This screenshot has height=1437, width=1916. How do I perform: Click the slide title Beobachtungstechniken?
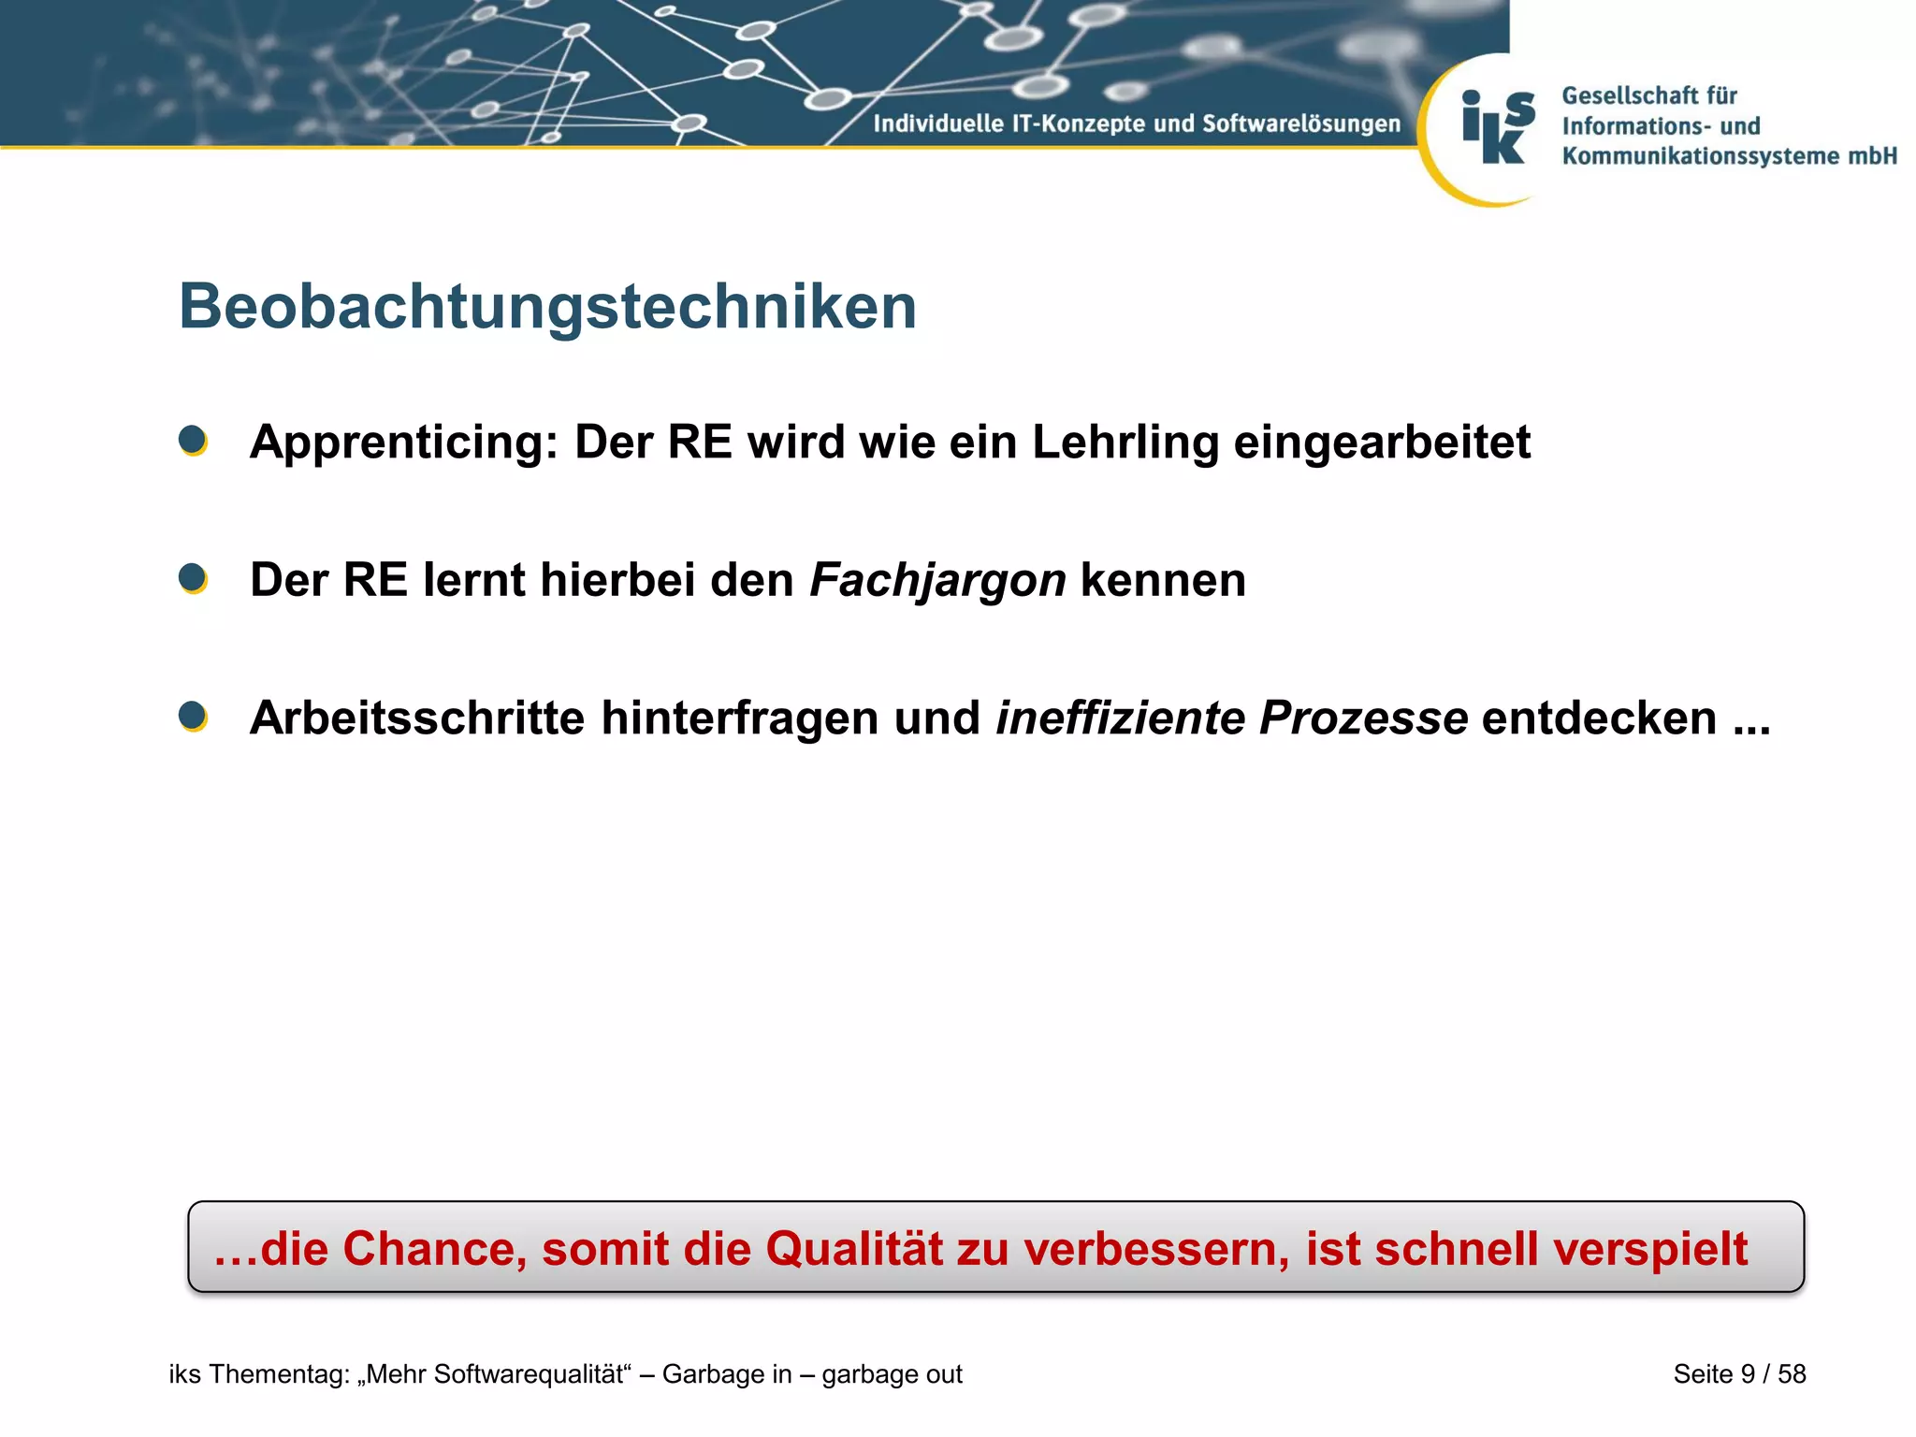pos(547,307)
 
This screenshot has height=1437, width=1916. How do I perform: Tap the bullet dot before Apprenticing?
pos(193,440)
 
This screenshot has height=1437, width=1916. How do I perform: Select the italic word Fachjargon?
pos(937,581)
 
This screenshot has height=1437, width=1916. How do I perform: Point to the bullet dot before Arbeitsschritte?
pos(193,717)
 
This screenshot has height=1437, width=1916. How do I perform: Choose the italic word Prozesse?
pos(1363,718)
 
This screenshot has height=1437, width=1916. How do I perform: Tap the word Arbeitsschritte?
pos(417,718)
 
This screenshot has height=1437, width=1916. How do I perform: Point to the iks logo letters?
pos(1498,128)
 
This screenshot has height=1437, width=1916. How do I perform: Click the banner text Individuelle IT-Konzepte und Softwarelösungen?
pos(1136,123)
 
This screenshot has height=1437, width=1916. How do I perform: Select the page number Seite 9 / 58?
pos(1739,1374)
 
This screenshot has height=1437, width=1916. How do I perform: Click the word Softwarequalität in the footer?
pos(529,1374)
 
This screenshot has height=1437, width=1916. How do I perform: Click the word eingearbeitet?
pos(1382,443)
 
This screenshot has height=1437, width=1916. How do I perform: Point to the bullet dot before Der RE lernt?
pos(193,578)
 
